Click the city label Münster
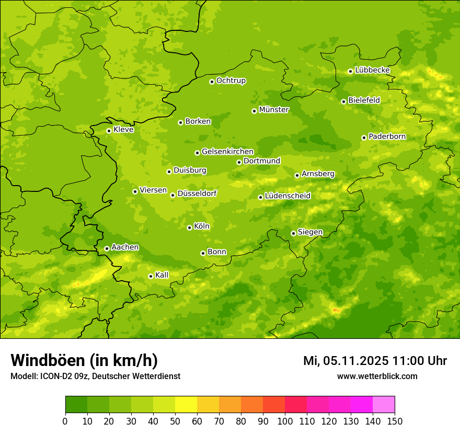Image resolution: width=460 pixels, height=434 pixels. tap(274, 110)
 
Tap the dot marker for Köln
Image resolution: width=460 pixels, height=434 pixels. tap(189, 227)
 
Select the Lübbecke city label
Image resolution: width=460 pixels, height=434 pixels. tap(372, 70)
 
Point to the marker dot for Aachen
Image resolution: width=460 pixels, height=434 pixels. tap(107, 248)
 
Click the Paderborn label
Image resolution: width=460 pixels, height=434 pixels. tap(387, 136)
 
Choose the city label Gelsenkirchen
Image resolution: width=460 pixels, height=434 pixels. tap(227, 152)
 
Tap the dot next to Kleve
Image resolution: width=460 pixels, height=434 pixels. tap(109, 131)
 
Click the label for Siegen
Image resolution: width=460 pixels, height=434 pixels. tap(310, 232)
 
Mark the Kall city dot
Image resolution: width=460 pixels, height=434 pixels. tap(151, 276)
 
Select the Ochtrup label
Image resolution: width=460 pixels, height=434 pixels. tap(231, 81)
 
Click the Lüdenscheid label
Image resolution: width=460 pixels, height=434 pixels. tap(287, 196)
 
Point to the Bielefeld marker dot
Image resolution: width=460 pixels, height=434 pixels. tap(343, 101)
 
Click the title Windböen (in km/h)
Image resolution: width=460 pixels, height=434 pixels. tap(84, 360)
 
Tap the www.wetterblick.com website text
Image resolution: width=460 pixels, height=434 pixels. tap(377, 376)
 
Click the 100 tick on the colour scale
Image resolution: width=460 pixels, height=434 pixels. tap(285, 421)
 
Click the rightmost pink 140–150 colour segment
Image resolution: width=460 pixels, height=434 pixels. tap(384, 405)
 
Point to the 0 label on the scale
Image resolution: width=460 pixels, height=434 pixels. tap(65, 421)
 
